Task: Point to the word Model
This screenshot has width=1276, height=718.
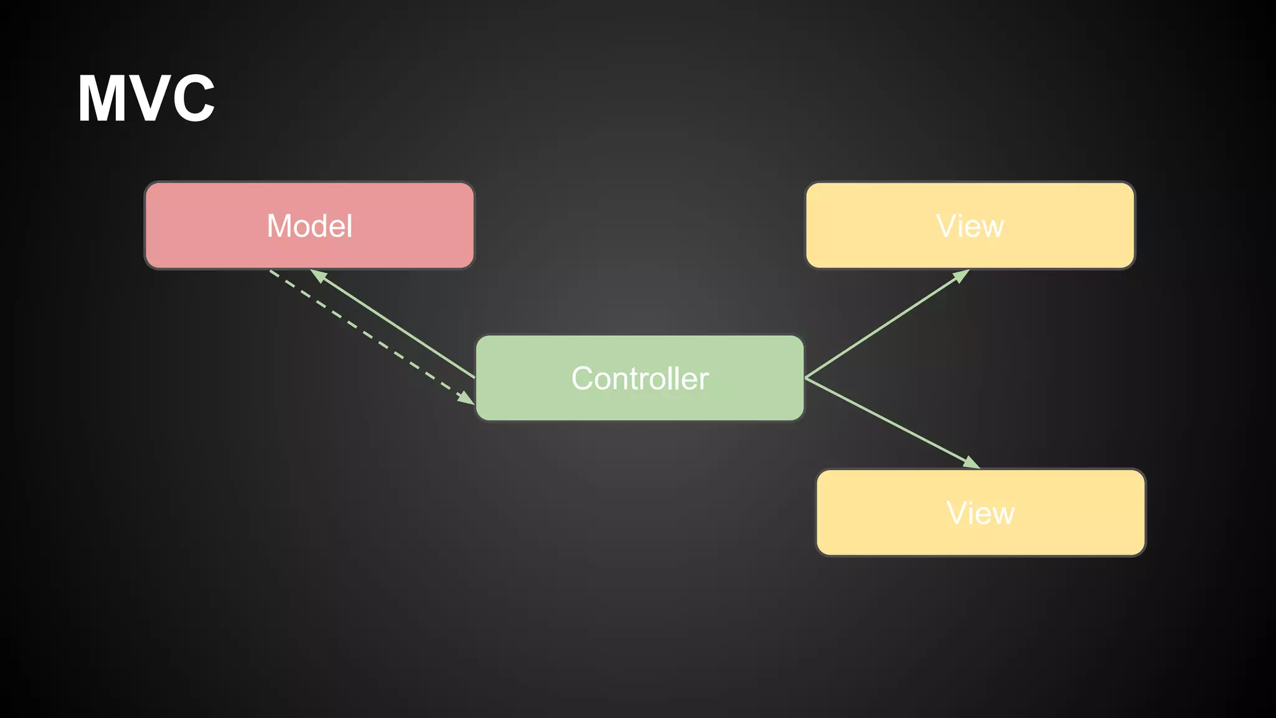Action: coord(310,226)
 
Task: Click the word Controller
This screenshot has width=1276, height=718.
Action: coord(640,378)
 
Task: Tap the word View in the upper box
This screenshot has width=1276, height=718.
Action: coord(970,226)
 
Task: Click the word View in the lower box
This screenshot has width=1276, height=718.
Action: coord(981,513)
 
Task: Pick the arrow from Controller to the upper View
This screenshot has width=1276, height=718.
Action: coord(885,325)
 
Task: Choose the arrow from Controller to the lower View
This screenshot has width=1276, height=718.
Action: coord(891,422)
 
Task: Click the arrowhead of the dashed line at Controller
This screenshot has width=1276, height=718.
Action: coord(466,398)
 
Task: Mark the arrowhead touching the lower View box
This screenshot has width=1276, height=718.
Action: coord(972,463)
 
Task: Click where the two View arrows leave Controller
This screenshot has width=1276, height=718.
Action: coord(806,378)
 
